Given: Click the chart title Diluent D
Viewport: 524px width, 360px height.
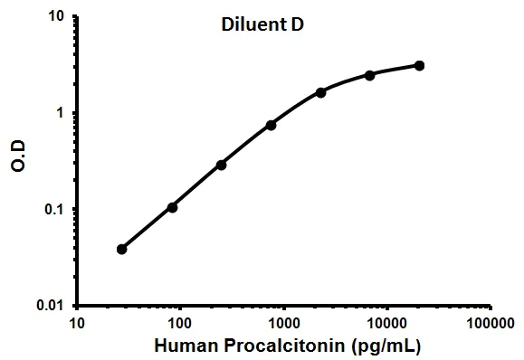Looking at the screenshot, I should pyautogui.click(x=262, y=26).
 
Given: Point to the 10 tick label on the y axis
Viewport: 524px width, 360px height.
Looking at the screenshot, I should pyautogui.click(x=55, y=17).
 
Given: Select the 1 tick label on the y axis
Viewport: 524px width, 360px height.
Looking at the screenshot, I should pyautogui.click(x=60, y=113).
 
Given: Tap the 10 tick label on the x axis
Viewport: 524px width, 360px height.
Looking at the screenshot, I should pyautogui.click(x=77, y=322).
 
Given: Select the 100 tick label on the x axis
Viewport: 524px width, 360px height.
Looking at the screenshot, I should pyautogui.click(x=180, y=322).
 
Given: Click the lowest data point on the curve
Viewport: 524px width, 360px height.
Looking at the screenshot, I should pyautogui.click(x=122, y=249).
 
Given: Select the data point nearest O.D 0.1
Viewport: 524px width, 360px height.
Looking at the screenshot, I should pyautogui.click(x=172, y=207).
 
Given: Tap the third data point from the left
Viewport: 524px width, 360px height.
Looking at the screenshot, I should pyautogui.click(x=221, y=165).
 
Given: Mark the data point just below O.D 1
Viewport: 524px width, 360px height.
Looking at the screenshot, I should pyautogui.click(x=271, y=125).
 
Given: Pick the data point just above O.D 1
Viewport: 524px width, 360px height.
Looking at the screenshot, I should pyautogui.click(x=321, y=92).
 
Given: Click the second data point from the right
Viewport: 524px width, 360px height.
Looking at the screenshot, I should pyautogui.click(x=370, y=75).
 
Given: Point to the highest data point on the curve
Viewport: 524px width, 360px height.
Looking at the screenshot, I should pyautogui.click(x=420, y=65).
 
